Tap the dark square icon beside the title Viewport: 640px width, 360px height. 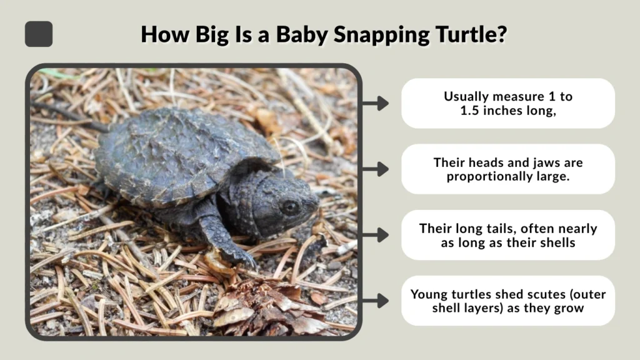tap(39, 34)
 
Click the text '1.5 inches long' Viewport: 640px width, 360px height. tap(507, 111)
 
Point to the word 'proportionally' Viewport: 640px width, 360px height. tap(481, 176)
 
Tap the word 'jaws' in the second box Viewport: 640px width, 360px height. tap(545, 162)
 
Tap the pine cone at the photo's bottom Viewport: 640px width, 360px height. tap(262, 306)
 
